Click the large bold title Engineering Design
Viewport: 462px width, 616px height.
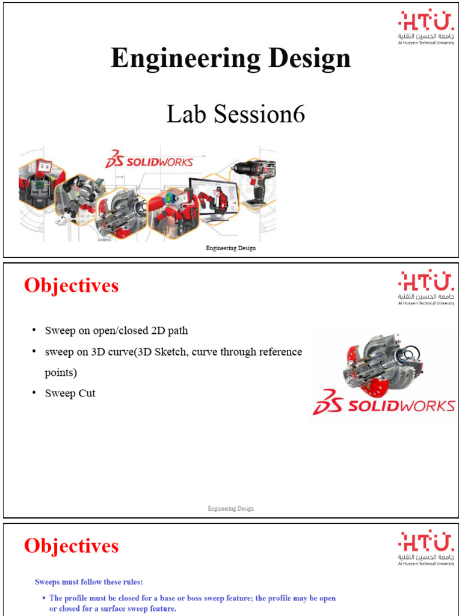tap(230, 59)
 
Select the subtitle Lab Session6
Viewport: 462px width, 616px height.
tap(235, 114)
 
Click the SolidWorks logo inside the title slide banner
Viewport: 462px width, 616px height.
tap(149, 161)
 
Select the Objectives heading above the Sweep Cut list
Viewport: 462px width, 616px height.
tap(71, 286)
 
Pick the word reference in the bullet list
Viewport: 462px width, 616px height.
tap(277, 352)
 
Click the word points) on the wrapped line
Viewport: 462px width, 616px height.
tap(61, 372)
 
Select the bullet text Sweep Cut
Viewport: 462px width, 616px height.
tap(70, 393)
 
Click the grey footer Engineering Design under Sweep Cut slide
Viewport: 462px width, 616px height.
tap(230, 508)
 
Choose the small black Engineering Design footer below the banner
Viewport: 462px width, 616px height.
tap(230, 248)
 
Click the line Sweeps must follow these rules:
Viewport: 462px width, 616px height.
tap(88, 582)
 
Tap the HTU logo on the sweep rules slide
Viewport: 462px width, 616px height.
tap(425, 549)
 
